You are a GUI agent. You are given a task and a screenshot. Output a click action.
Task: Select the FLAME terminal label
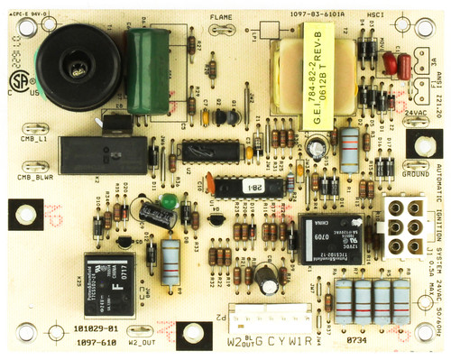(x=220, y=18)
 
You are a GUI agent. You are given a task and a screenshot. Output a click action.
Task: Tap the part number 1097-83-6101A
(x=296, y=15)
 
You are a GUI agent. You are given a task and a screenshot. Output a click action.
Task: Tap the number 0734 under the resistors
(x=358, y=341)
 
